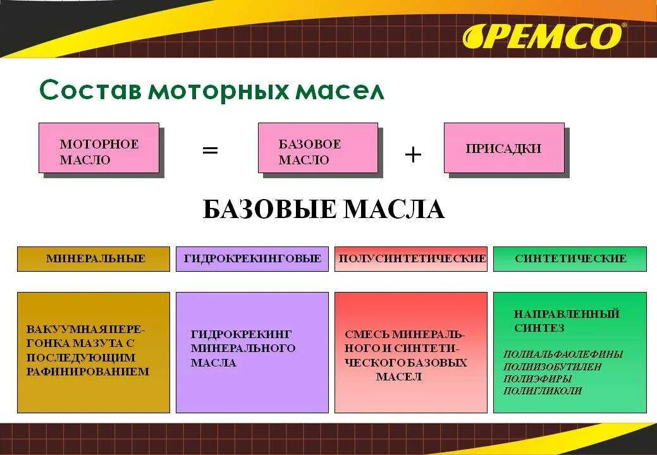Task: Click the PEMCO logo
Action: tap(543, 36)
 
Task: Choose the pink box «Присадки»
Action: tap(504, 148)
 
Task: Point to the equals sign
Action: tap(210, 150)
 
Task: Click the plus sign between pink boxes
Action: tap(412, 154)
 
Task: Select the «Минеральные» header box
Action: tap(94, 258)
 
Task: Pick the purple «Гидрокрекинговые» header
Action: tap(252, 258)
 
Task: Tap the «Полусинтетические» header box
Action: tap(411, 258)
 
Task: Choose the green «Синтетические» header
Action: tap(570, 258)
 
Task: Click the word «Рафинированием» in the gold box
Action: tap(88, 372)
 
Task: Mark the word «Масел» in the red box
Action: tap(399, 377)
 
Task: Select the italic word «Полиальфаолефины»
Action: tap(563, 355)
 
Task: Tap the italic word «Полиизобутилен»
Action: tap(553, 367)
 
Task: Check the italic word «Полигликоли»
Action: tap(542, 391)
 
